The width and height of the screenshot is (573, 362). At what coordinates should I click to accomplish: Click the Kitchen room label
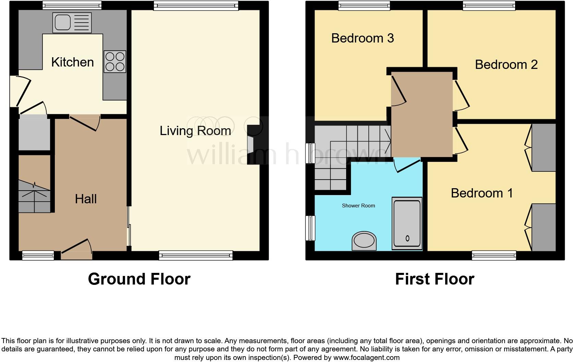(72, 62)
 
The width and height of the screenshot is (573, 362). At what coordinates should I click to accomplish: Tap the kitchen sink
(72, 23)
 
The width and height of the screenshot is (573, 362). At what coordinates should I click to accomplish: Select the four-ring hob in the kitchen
(115, 62)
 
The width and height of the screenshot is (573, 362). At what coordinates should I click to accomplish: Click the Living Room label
(195, 131)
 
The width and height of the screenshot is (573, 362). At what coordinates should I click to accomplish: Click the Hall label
(86, 199)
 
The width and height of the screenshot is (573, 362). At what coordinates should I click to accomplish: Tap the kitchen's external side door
(21, 90)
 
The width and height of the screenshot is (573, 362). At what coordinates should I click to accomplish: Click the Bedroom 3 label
(362, 38)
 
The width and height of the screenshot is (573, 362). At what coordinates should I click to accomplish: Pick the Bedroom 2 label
(506, 64)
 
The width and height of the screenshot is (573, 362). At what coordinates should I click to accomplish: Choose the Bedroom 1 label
(481, 193)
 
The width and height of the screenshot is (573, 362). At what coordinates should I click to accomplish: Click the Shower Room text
(358, 206)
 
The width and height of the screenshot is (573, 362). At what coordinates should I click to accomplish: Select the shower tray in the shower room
(407, 224)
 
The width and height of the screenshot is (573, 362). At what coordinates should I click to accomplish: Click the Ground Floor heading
(139, 279)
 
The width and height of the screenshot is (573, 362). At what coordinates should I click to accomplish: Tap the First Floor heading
(434, 279)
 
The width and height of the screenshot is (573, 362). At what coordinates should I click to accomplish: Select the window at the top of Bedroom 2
(489, 5)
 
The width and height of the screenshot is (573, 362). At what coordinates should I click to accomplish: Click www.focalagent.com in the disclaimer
(366, 358)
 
